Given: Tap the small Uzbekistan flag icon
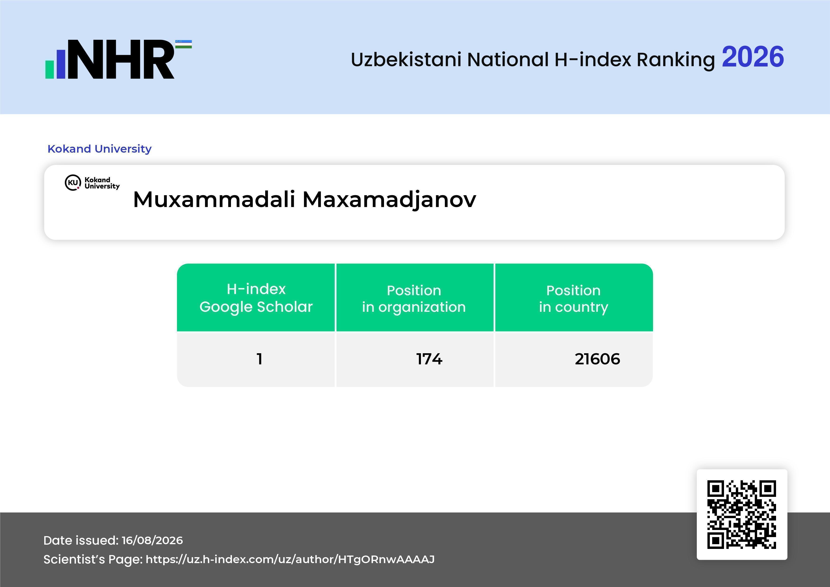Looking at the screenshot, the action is pos(184,44).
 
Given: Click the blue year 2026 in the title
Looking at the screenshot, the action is pos(753,57).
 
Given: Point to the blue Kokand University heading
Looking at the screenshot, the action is pos(99,149).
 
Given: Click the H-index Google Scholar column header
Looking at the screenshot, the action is pos(256,298).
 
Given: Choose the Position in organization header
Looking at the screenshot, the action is pos(414,299).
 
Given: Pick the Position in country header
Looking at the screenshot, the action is pos(573,299).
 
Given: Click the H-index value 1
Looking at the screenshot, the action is pos(259,359).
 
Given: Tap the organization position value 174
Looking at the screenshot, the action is pos(429,359).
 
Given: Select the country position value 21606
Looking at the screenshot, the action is pos(597,359).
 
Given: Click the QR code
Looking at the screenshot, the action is pos(742,514).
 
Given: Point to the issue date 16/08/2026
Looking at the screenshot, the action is pos(152,540).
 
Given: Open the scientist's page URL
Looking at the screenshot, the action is pos(290,560).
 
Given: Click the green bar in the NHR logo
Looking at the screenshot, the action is pos(49,69).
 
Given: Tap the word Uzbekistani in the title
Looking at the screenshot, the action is pos(406,60).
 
